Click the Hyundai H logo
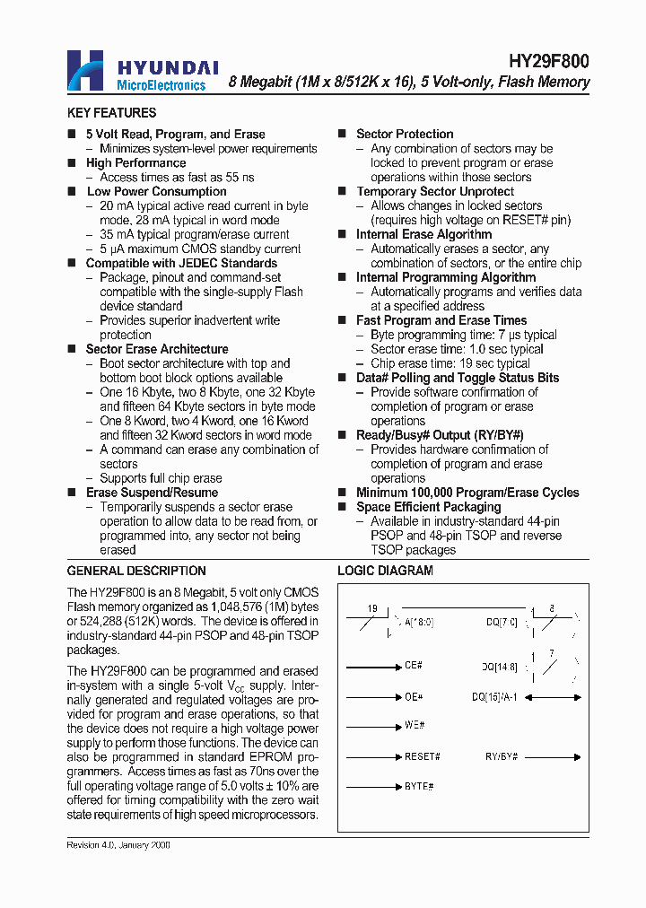point(88,70)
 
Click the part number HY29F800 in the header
point(548,61)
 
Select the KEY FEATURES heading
point(111,113)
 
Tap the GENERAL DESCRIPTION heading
point(136,571)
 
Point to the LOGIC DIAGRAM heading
point(385,571)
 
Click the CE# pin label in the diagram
point(413,667)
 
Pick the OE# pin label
point(413,696)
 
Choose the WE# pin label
point(414,725)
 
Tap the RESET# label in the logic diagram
point(422,756)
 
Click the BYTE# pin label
point(418,786)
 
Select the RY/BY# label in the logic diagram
point(502,756)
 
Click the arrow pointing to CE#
point(373,667)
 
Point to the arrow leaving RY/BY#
point(552,756)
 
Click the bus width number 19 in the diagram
point(371,609)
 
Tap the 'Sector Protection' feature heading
point(405,134)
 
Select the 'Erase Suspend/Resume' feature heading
point(152,493)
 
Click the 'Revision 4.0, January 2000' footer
point(118,845)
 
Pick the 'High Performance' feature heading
point(135,162)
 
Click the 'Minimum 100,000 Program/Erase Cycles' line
point(467,493)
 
